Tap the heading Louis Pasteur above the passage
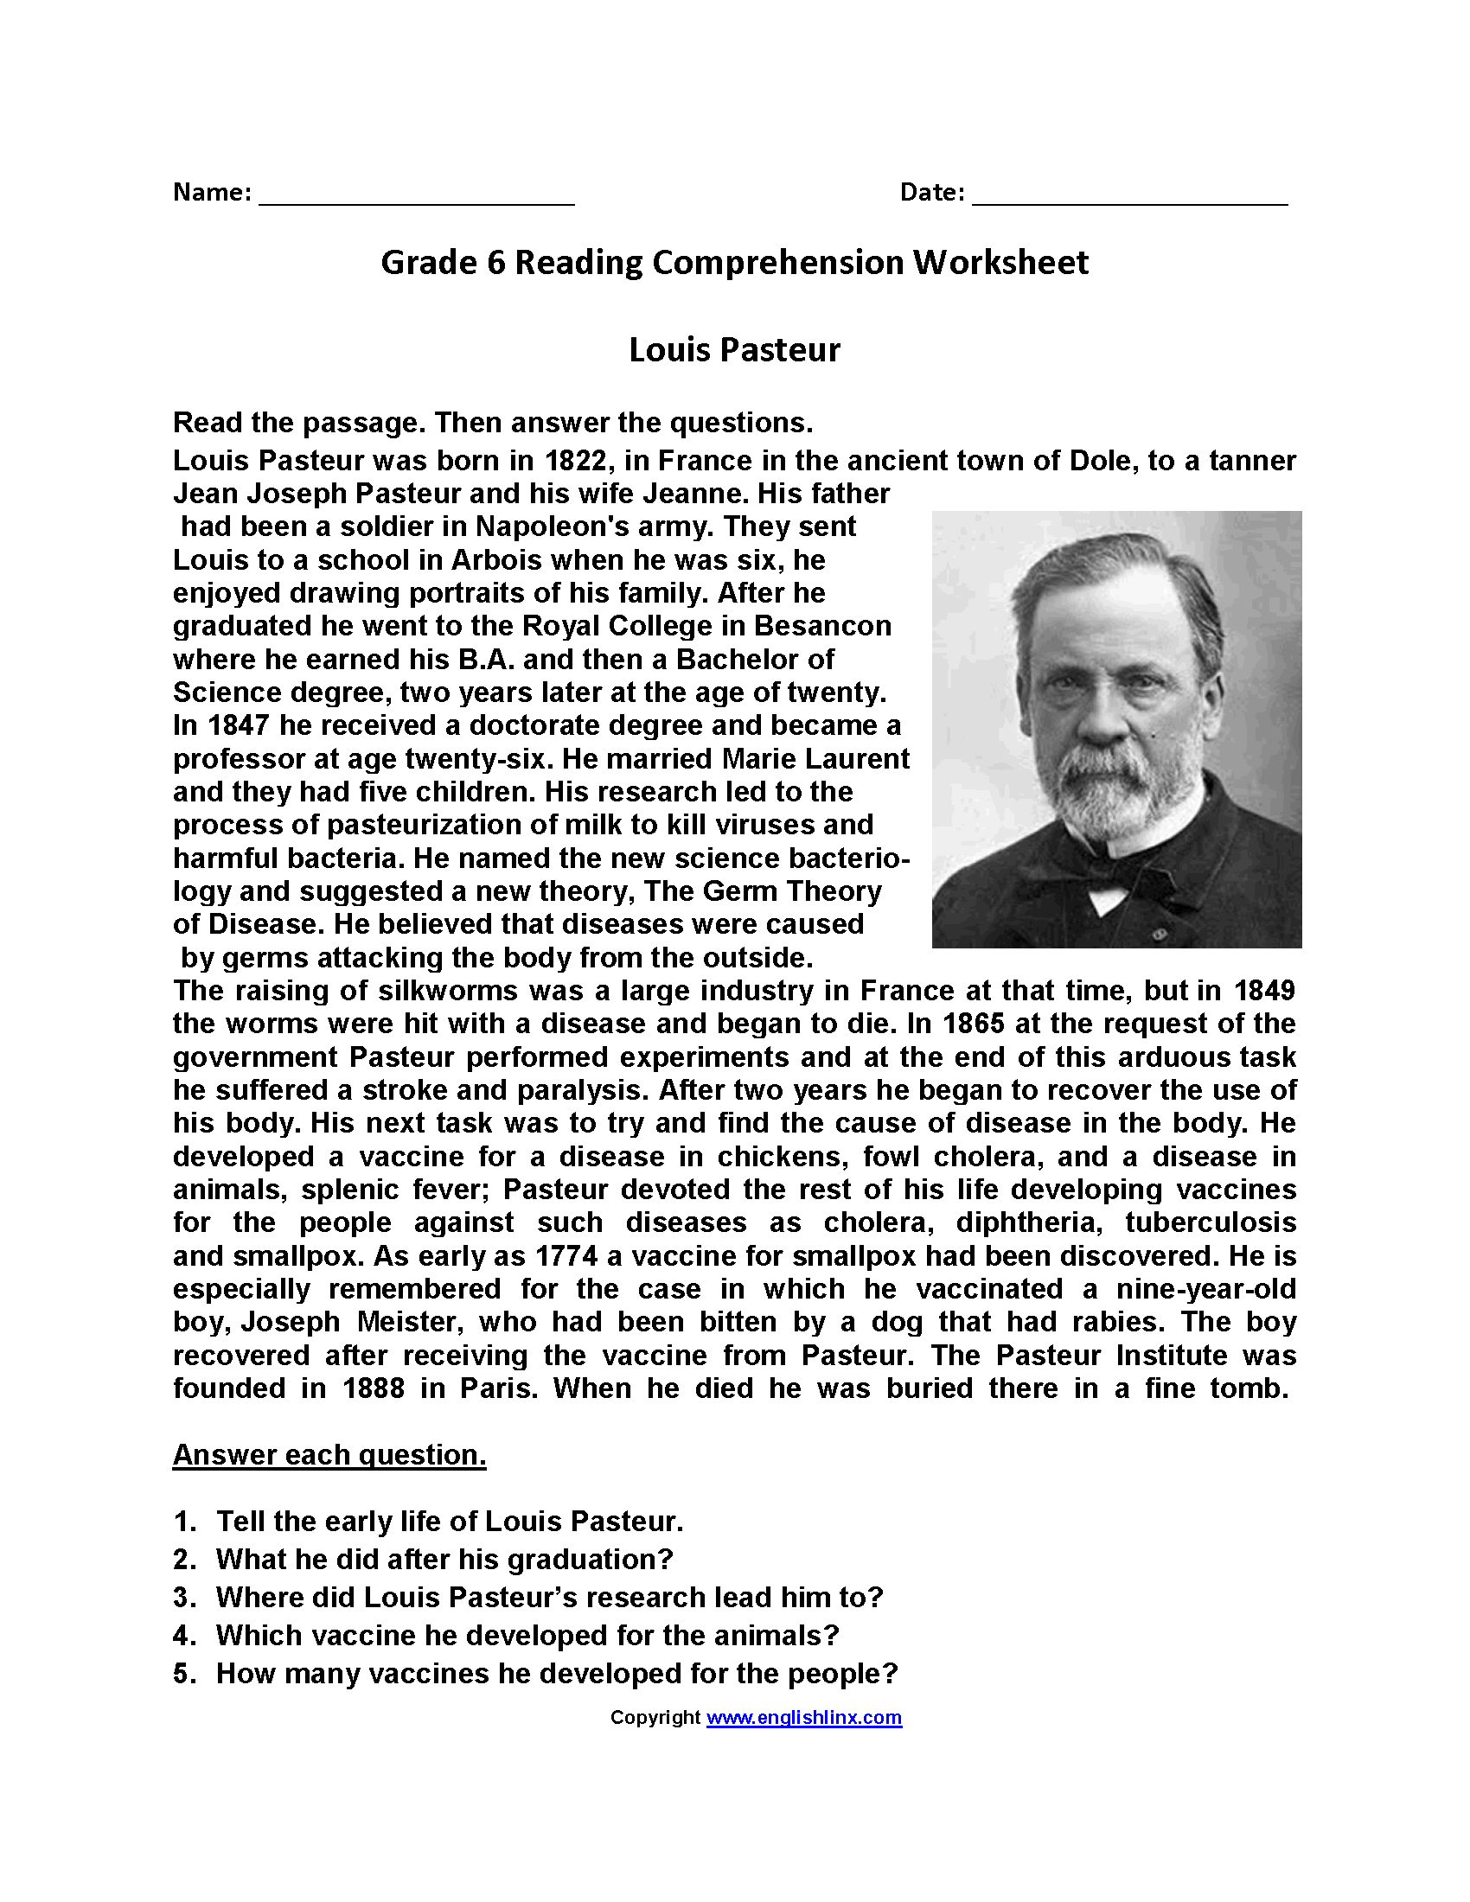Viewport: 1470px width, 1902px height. pyautogui.click(x=734, y=350)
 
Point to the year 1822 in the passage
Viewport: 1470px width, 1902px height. pyautogui.click(x=576, y=460)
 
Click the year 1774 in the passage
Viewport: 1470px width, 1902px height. pyautogui.click(x=567, y=1256)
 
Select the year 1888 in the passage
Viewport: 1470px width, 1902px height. pyautogui.click(x=374, y=1388)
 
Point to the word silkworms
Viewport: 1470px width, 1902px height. pyautogui.click(x=447, y=990)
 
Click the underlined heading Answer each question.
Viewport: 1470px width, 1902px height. pyautogui.click(x=329, y=1455)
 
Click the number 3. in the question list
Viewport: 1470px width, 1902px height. pyautogui.click(x=185, y=1597)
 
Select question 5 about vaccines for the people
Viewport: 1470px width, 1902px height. pyautogui.click(x=557, y=1674)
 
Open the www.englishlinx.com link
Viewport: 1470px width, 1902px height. pyautogui.click(x=804, y=1717)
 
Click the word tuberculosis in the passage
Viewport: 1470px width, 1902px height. pyautogui.click(x=1210, y=1222)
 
